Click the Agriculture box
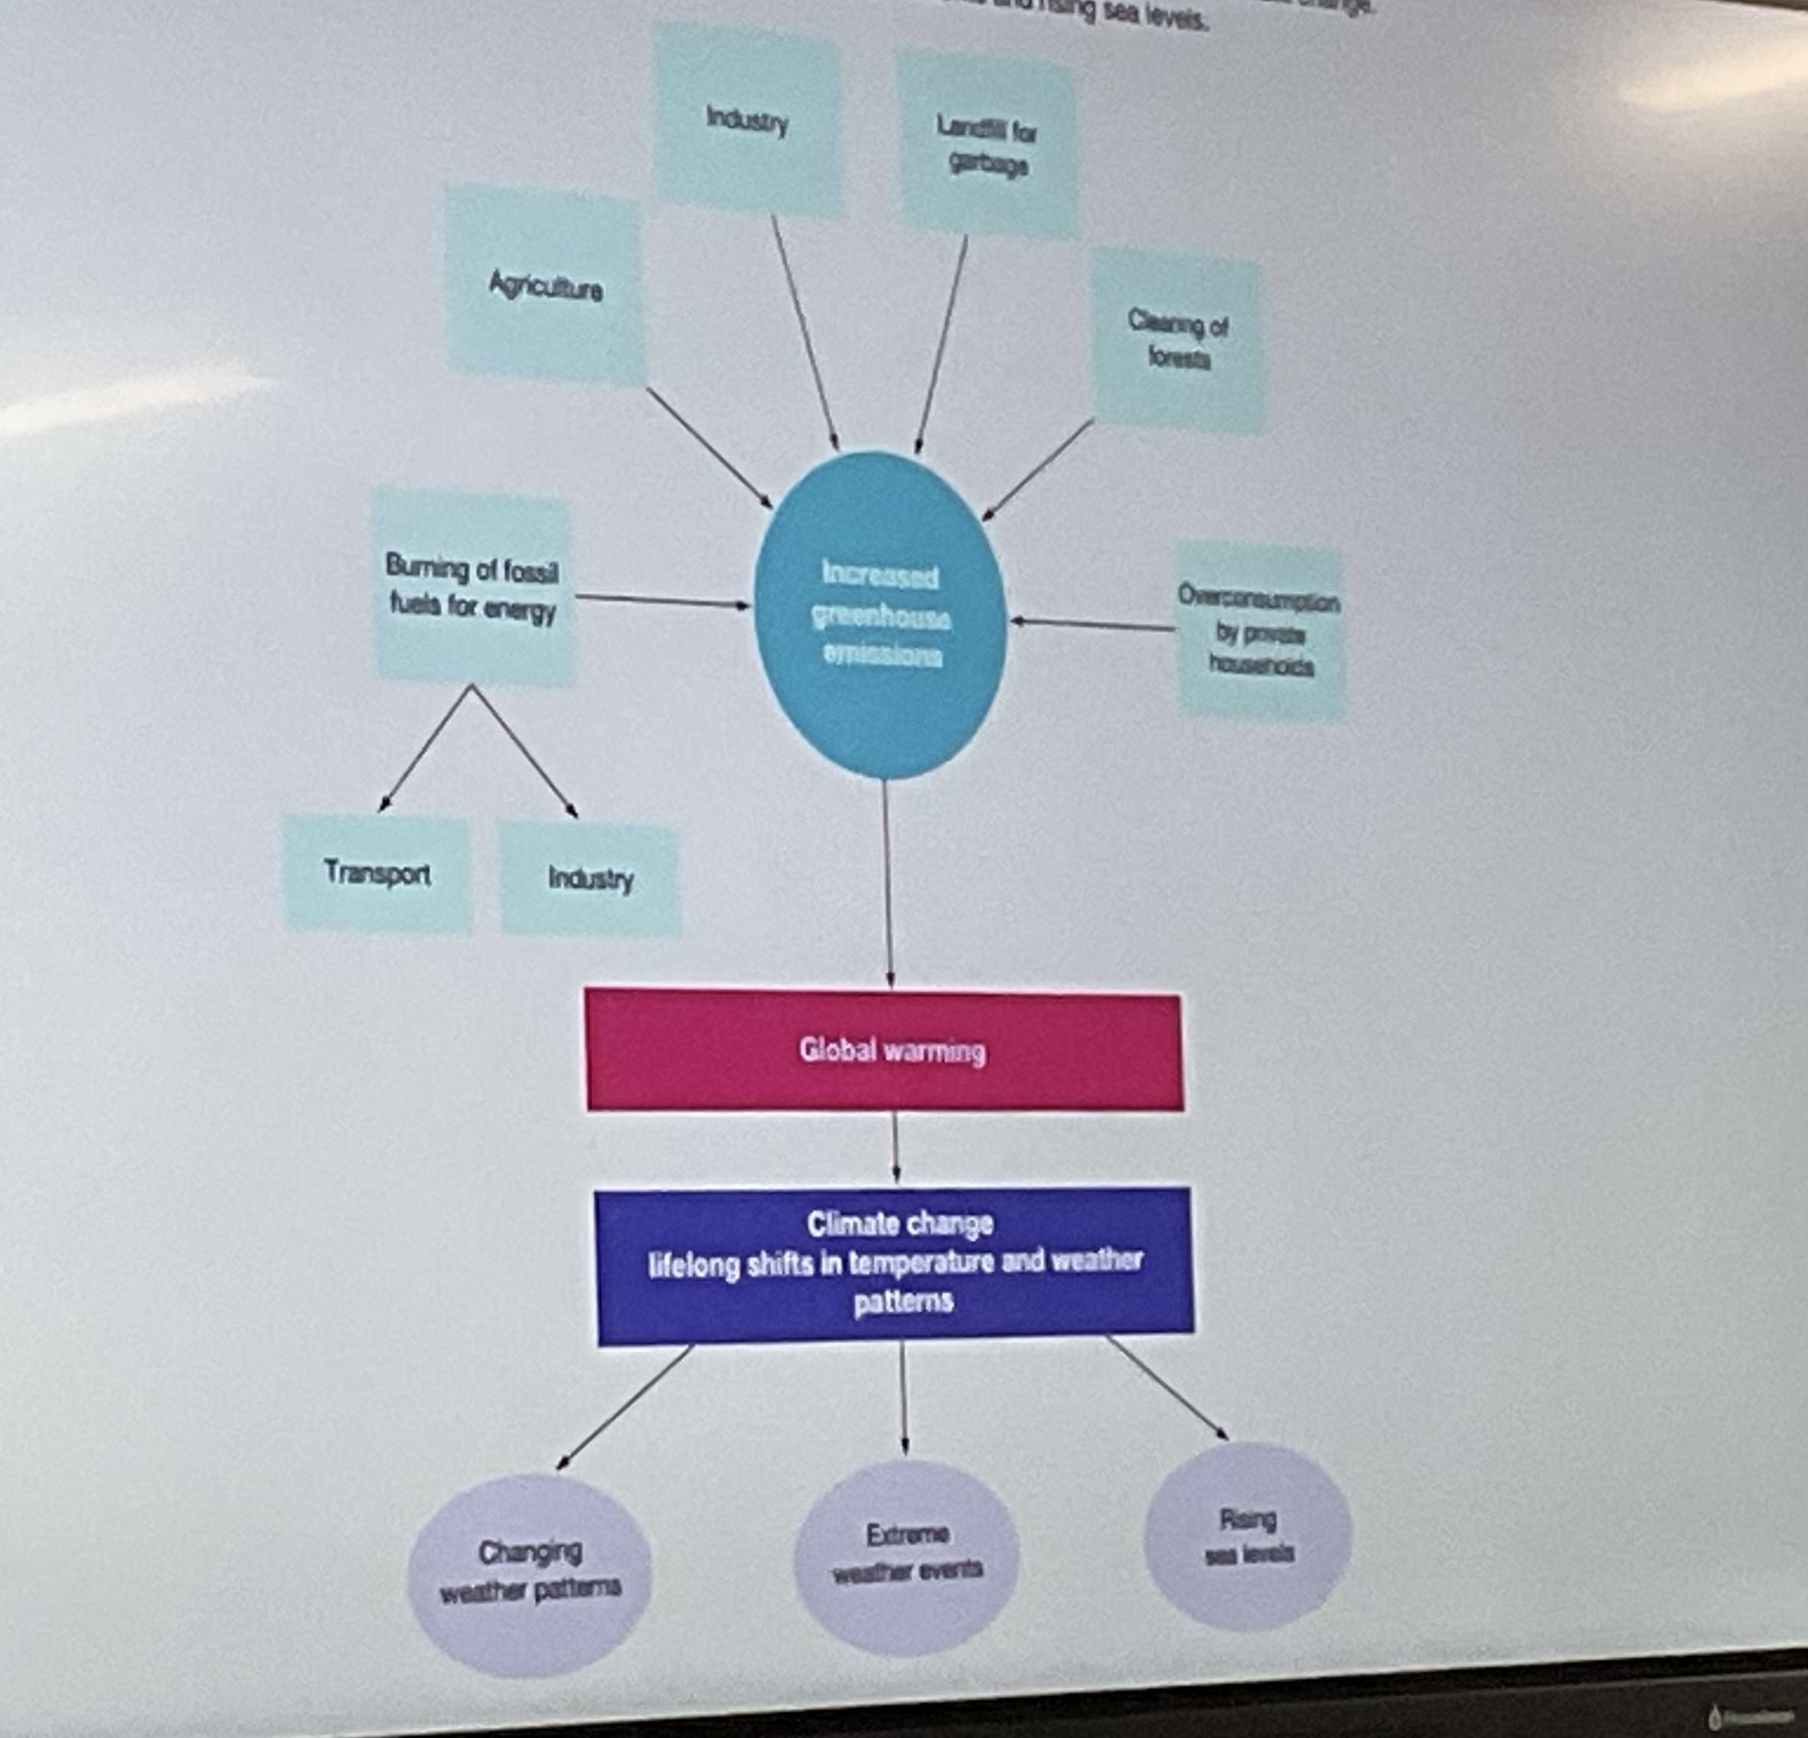(x=544, y=286)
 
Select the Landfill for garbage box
(x=987, y=145)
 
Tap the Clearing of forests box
(x=1177, y=339)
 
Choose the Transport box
(x=377, y=873)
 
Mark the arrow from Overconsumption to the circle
(x=1093, y=625)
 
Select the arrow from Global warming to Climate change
(x=896, y=1147)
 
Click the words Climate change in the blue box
(x=900, y=1223)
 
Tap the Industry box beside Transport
(x=590, y=878)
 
